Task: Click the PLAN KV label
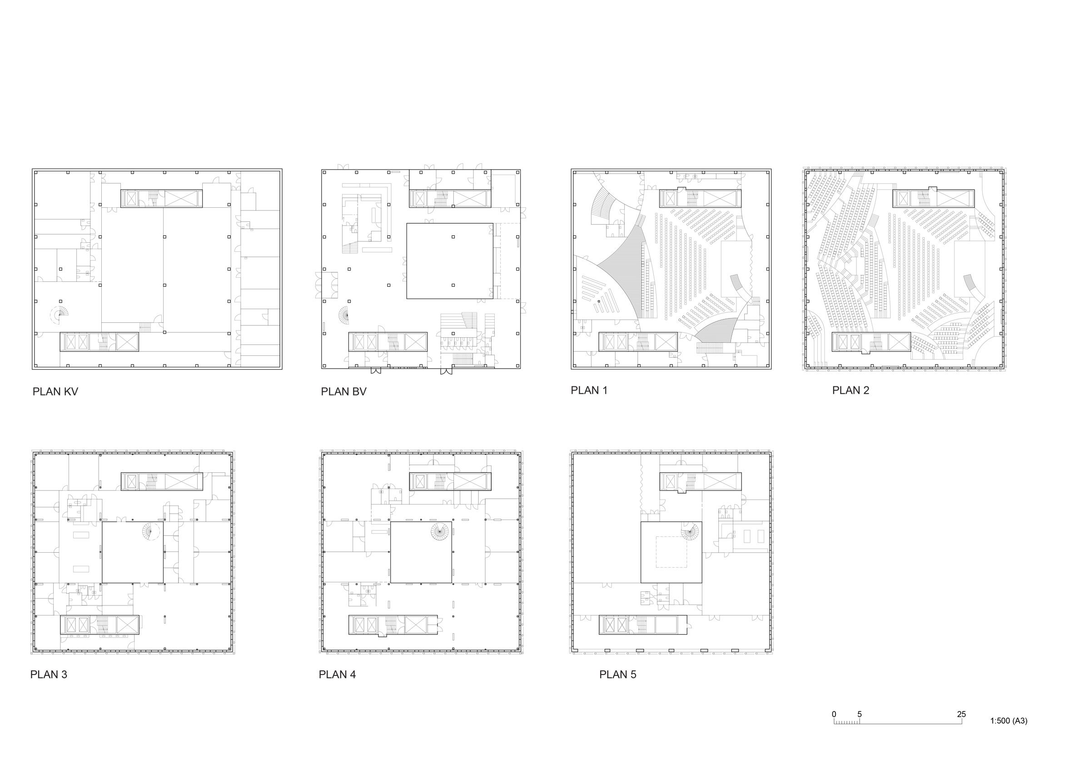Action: click(x=55, y=392)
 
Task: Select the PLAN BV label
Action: click(x=343, y=392)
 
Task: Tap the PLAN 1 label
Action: click(x=589, y=390)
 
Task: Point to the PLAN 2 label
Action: click(x=850, y=390)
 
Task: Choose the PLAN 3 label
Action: click(x=49, y=675)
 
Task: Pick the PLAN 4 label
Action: click(x=337, y=675)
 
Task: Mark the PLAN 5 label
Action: click(x=618, y=675)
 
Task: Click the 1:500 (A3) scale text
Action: click(x=1009, y=721)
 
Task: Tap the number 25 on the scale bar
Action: click(x=961, y=714)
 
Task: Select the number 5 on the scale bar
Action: click(x=859, y=714)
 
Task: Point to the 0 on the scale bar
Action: click(x=834, y=714)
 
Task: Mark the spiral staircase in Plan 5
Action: click(x=690, y=532)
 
